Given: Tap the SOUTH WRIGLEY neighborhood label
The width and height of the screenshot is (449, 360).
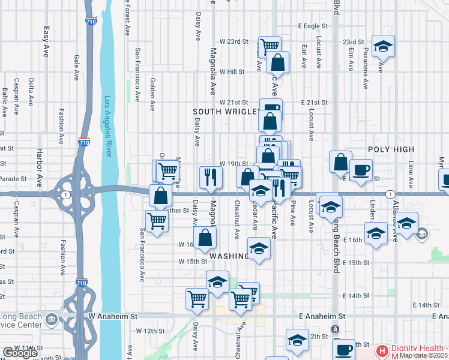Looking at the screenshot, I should pyautogui.click(x=226, y=112).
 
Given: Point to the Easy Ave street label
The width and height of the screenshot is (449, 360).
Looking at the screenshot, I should pyautogui.click(x=46, y=42).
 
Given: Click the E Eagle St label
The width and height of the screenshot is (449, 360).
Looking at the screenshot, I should pyautogui.click(x=313, y=26).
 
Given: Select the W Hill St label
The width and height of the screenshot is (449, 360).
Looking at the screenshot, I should pyautogui.click(x=232, y=71).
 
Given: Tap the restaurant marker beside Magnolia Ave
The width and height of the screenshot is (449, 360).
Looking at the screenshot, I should pyautogui.click(x=211, y=176).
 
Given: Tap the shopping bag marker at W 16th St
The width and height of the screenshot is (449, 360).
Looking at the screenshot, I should pyautogui.click(x=205, y=236).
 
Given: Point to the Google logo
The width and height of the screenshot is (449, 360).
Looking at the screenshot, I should pyautogui.click(x=20, y=353).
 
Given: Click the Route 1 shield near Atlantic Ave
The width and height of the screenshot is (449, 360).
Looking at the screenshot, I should pyautogui.click(x=390, y=194).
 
